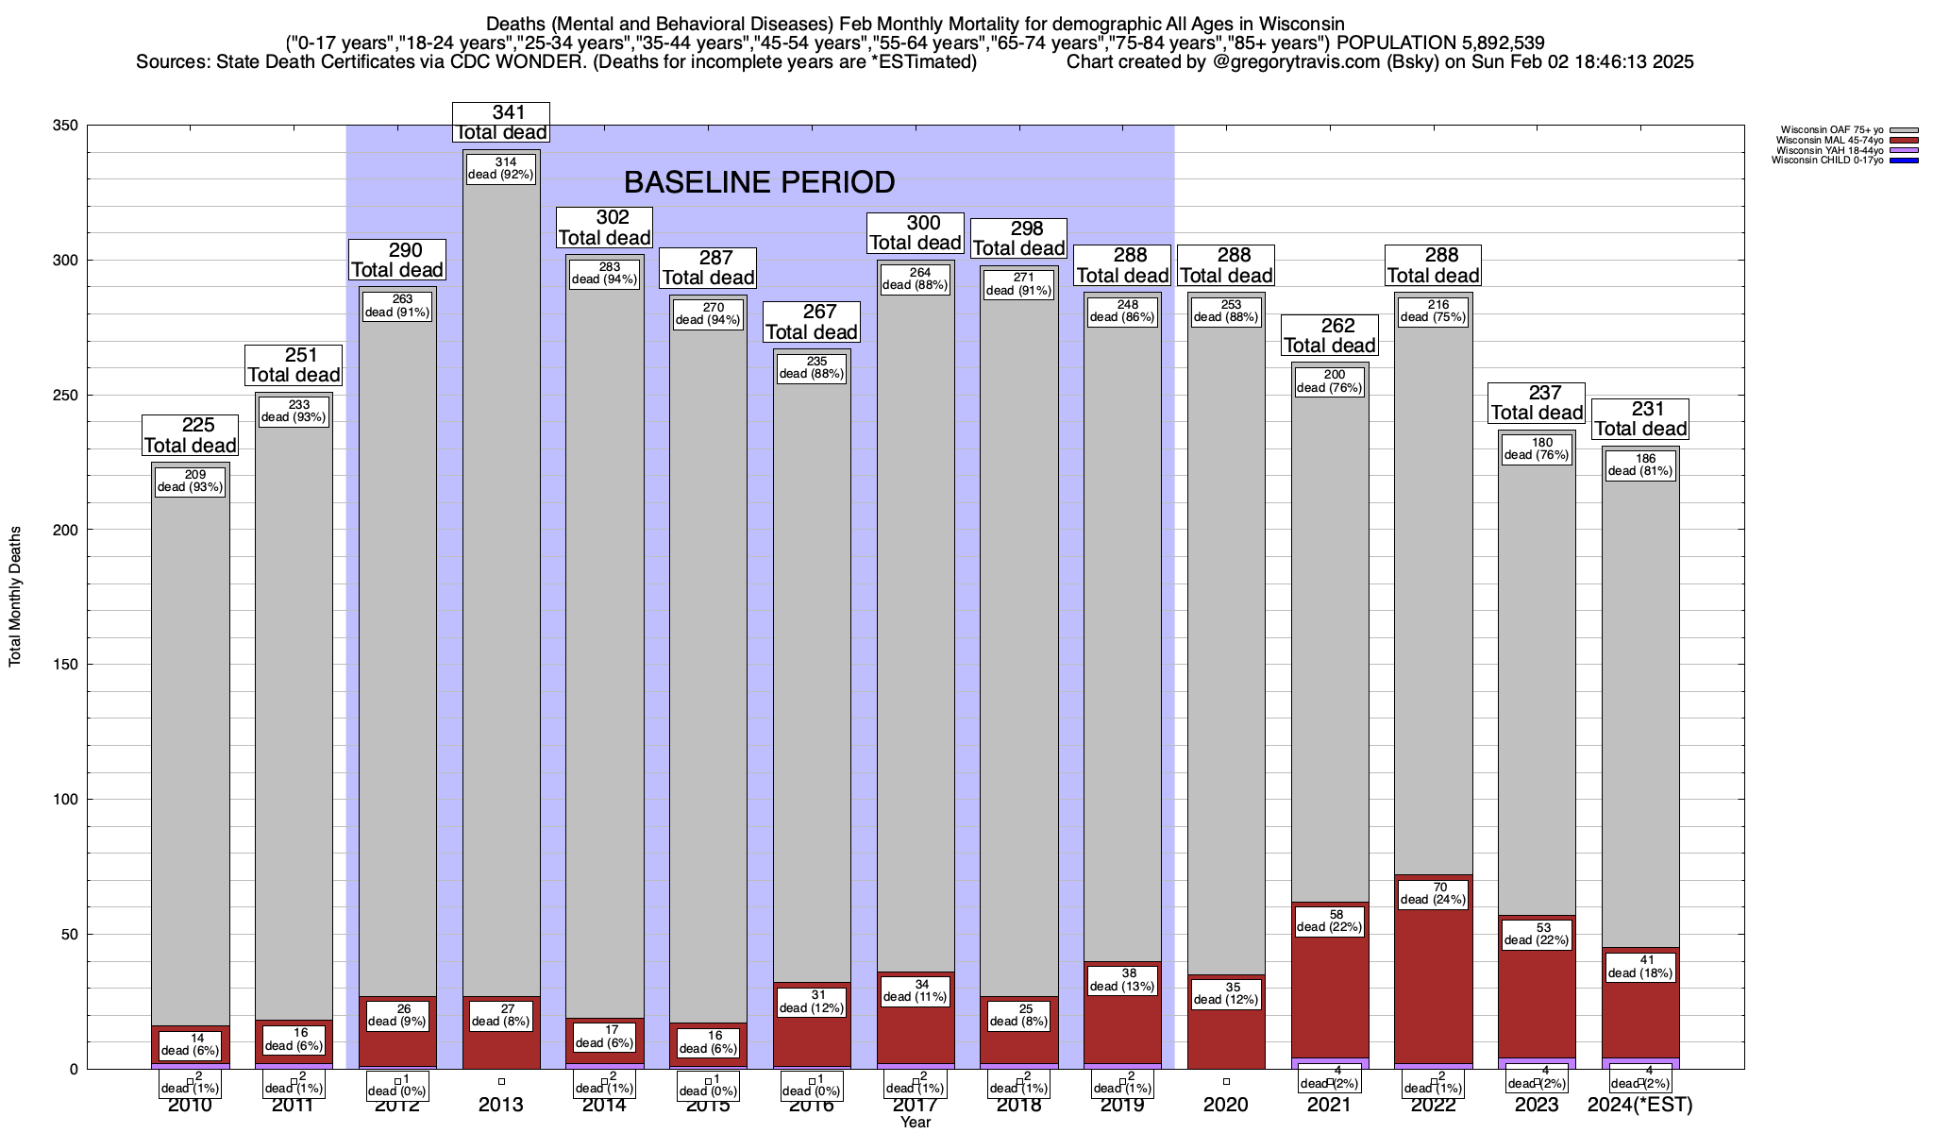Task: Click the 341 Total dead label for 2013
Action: (x=500, y=123)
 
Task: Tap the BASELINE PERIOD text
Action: (x=759, y=181)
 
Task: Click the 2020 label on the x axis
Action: (x=1226, y=1105)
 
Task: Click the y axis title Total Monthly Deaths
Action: (x=15, y=597)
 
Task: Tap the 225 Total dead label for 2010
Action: (x=190, y=435)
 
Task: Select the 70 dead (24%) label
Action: (x=1433, y=893)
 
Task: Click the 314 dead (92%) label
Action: (x=501, y=168)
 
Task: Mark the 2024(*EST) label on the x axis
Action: (x=1640, y=1105)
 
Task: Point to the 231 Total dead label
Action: (x=1640, y=419)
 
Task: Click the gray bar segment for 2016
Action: (x=812, y=661)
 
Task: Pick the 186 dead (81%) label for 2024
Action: (x=1640, y=465)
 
